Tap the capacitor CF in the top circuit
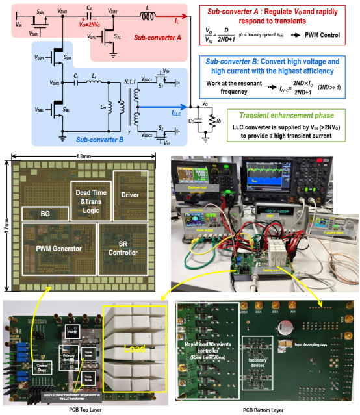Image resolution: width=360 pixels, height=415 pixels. pyautogui.click(x=89, y=14)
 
